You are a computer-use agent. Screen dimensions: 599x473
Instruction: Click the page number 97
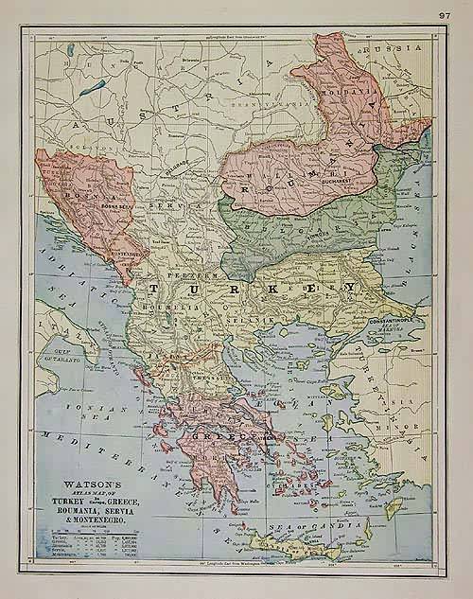click(x=445, y=14)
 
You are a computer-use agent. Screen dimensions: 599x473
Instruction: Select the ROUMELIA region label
click(x=156, y=308)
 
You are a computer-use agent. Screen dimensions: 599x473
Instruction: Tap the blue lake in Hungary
click(x=94, y=85)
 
